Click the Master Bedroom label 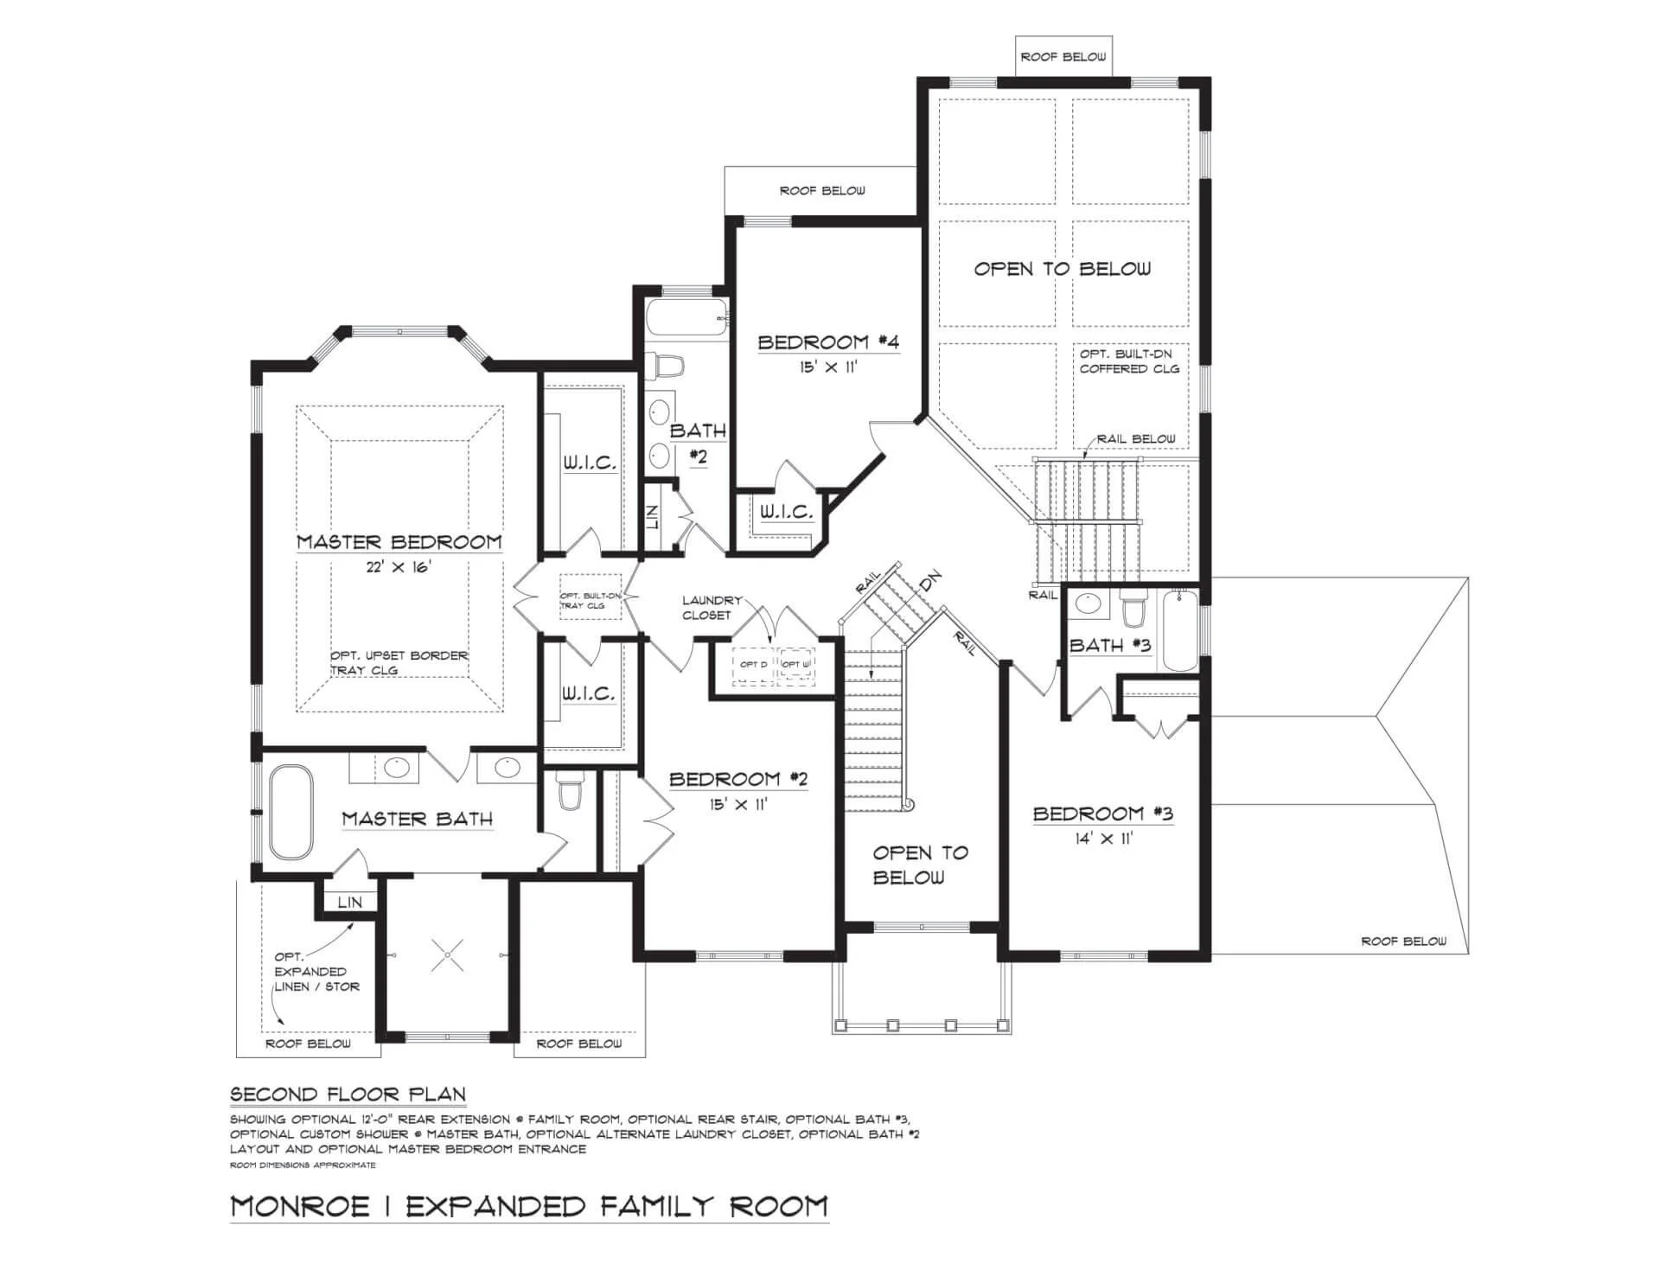399,542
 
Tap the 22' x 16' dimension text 399,568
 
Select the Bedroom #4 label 828,342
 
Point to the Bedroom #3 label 1103,814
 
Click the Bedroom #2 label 738,780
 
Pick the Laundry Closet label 711,608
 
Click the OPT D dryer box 753,665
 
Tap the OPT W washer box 796,665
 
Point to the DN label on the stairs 930,581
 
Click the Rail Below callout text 1136,439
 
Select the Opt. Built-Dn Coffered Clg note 1129,361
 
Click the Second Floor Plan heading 348,1095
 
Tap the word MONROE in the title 299,1206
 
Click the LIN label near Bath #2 653,518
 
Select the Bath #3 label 1110,646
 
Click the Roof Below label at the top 1063,57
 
